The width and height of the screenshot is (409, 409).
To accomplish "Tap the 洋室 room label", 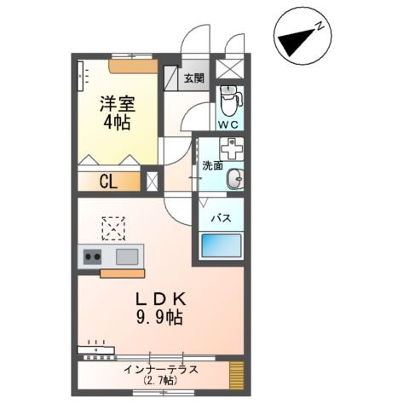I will (x=116, y=105).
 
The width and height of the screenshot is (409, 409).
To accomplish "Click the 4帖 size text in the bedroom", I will (x=116, y=122).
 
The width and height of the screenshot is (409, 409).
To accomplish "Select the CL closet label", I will (x=108, y=181).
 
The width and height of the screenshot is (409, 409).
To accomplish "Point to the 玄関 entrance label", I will (x=193, y=78).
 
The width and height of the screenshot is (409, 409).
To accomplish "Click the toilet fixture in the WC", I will (x=228, y=102).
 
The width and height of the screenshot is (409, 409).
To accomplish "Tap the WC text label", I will (x=228, y=125).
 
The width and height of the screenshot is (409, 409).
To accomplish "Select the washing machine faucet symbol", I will (x=230, y=147).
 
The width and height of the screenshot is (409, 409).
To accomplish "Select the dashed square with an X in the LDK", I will (x=112, y=228).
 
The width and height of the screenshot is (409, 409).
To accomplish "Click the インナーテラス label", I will (x=160, y=369).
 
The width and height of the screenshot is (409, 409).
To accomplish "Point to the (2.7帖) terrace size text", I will (x=160, y=381).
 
